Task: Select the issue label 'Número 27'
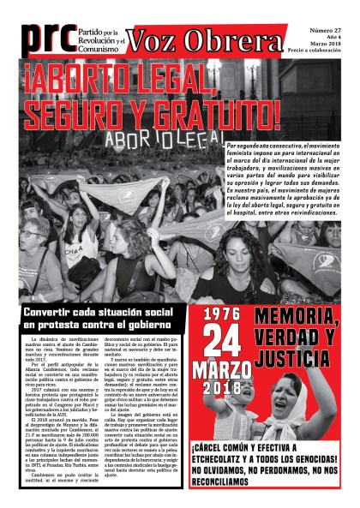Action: click(329, 28)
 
